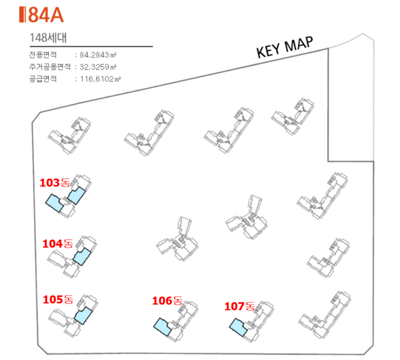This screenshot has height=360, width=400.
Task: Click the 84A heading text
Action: click(46, 15)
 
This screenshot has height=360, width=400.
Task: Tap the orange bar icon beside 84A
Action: click(22, 15)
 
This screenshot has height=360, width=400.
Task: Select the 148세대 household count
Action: click(48, 38)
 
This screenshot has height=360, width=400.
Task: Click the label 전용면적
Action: click(43, 54)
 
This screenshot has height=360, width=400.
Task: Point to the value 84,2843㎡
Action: click(98, 55)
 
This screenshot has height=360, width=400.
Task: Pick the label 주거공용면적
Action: click(49, 67)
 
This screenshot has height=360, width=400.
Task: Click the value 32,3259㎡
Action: click(98, 67)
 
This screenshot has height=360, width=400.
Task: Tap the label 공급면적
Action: click(43, 79)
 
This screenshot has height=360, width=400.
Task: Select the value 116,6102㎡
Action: click(100, 79)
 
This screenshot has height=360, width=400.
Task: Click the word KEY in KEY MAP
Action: click(268, 50)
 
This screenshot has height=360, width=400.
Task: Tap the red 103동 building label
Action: click(54, 182)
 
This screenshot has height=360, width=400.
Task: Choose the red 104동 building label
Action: click(57, 243)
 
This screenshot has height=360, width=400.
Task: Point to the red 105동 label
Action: click(58, 299)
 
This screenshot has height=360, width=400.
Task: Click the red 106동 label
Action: click(167, 301)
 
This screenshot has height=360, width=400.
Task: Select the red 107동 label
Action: click(239, 306)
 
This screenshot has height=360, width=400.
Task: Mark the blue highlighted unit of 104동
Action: click(82, 256)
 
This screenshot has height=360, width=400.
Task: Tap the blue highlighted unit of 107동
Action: click(238, 327)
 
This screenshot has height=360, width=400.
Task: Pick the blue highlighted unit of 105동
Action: click(83, 315)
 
